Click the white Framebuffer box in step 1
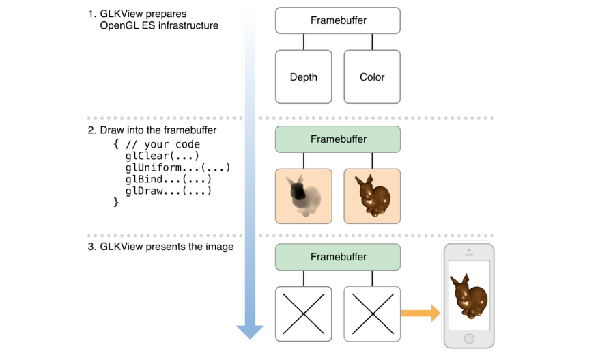[338, 20]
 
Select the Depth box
[304, 77]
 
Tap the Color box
[372, 77]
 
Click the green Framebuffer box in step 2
[338, 139]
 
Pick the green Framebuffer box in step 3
[338, 257]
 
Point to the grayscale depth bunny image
[303, 196]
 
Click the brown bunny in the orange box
[372, 196]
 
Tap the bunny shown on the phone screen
[468, 295]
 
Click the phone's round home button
[468, 339]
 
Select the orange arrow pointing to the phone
[420, 314]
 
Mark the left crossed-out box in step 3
[304, 314]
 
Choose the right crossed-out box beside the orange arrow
[372, 314]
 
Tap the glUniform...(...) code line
[177, 167]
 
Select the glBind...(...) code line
[168, 179]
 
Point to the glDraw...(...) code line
[168, 191]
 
